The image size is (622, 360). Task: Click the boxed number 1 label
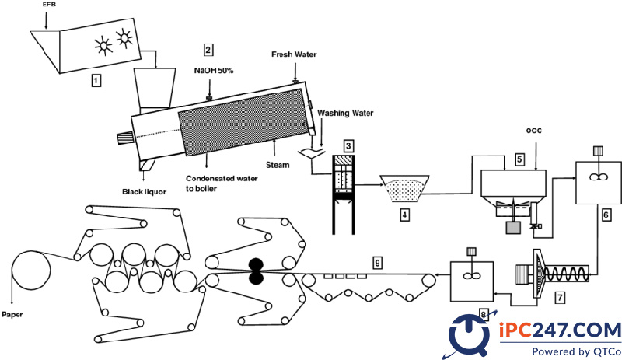click(x=96, y=81)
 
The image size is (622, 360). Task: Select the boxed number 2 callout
click(x=208, y=50)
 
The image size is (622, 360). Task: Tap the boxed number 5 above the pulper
click(x=519, y=159)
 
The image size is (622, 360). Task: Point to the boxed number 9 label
click(x=377, y=262)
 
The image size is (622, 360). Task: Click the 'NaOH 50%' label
click(x=214, y=71)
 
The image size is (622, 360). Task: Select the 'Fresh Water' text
click(x=294, y=54)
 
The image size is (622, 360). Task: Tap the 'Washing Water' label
click(x=345, y=113)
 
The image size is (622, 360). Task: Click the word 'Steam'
click(x=278, y=165)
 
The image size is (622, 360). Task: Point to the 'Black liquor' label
click(x=145, y=192)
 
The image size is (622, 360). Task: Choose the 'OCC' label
click(x=534, y=131)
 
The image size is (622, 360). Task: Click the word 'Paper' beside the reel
click(x=12, y=315)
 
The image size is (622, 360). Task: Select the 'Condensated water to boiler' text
click(x=222, y=183)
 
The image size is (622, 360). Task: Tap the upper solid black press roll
click(x=256, y=264)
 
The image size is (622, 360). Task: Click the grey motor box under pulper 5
click(x=514, y=228)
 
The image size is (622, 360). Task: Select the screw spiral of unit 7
click(x=566, y=274)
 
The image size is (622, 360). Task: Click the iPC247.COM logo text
click(x=559, y=330)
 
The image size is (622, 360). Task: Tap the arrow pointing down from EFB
click(x=46, y=20)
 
